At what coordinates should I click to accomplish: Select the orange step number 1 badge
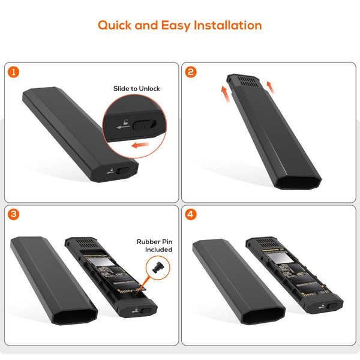click(13, 72)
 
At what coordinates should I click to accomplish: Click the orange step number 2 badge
click(191, 72)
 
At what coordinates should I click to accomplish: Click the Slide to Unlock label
click(137, 89)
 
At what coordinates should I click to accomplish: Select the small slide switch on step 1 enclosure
click(124, 170)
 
